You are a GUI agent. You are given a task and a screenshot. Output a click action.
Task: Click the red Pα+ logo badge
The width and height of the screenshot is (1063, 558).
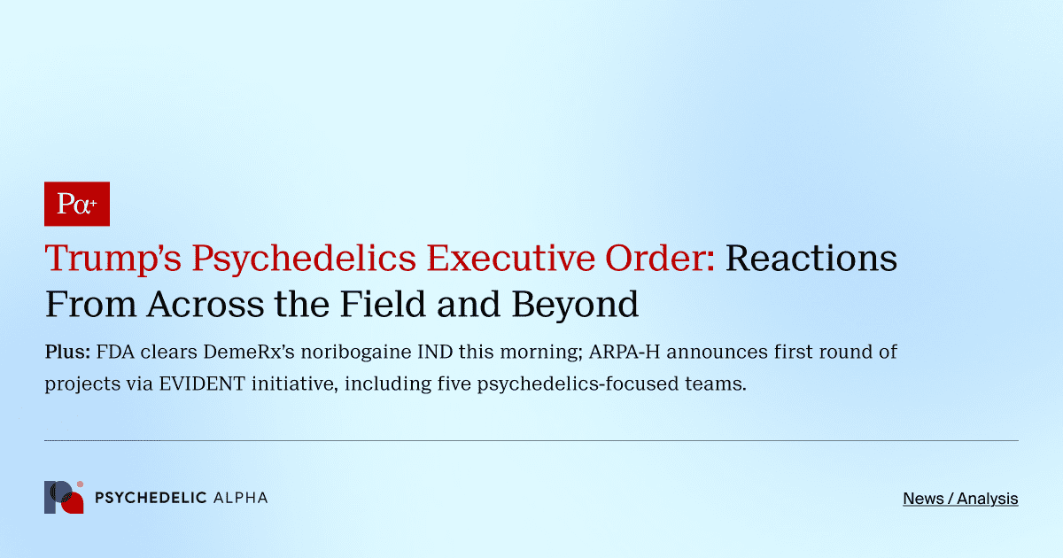(77, 204)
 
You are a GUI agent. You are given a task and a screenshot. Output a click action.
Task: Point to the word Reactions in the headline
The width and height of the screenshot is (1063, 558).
(811, 259)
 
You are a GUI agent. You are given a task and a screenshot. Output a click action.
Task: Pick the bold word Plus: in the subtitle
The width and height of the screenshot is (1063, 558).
(67, 352)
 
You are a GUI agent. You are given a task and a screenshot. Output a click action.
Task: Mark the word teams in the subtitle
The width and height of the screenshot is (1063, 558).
(715, 385)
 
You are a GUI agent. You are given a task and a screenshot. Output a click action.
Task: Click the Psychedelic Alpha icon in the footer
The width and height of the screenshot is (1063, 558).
(64, 498)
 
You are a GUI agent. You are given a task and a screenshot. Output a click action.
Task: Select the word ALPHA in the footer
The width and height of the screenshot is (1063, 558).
(241, 498)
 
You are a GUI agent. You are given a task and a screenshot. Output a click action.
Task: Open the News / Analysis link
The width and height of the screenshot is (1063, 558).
(960, 499)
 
